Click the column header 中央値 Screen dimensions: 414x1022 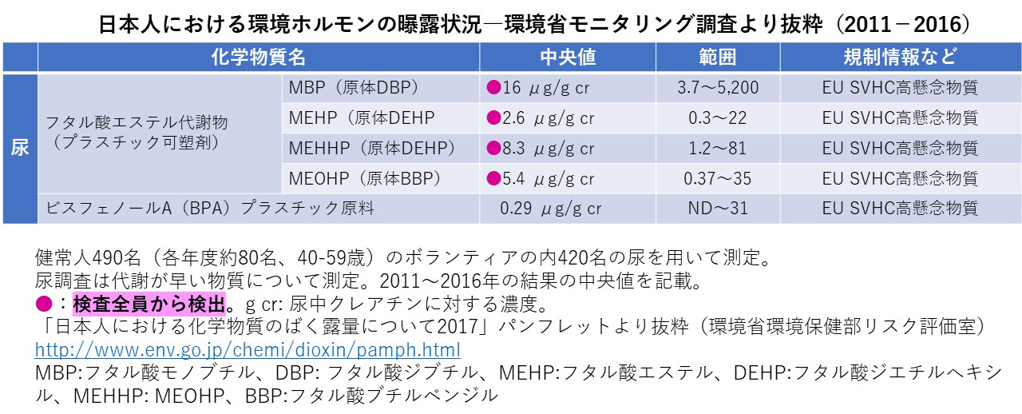click(568, 58)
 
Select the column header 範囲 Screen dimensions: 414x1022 click(717, 58)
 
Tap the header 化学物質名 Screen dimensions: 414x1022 click(258, 58)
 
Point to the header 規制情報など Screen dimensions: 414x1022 click(900, 58)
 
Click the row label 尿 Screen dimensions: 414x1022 click(20, 149)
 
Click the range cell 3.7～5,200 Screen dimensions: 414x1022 click(717, 88)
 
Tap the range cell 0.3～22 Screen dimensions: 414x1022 click(717, 118)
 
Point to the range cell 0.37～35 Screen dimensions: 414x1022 click(717, 178)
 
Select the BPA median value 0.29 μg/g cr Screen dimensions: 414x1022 click(551, 209)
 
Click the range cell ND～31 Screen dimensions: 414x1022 click(717, 209)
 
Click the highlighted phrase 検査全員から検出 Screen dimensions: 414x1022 click(149, 305)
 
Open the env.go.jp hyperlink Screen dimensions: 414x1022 click(248, 350)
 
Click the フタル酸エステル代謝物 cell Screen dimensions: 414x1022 click(137, 123)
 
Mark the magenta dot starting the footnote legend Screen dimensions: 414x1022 click(45, 305)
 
